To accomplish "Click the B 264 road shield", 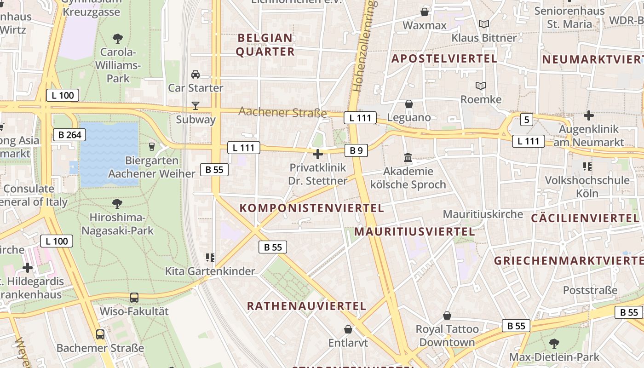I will [x=70, y=135].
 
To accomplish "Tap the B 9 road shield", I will [x=356, y=150].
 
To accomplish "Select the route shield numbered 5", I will [x=527, y=120].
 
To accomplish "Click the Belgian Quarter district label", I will [x=265, y=45].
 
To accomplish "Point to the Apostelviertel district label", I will [x=444, y=58].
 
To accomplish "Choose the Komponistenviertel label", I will [x=311, y=208].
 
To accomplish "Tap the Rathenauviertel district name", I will [x=306, y=306].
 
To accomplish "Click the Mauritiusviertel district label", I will [x=414, y=231].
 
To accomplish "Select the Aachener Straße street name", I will [x=282, y=112].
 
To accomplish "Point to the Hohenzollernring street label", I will [x=364, y=46].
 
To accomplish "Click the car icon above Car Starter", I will [x=195, y=74].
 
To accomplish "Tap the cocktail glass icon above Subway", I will [x=195, y=106].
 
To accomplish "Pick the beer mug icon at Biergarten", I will [x=152, y=147].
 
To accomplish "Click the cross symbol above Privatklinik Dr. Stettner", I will [x=317, y=154].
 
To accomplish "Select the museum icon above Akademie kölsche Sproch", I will [x=408, y=158].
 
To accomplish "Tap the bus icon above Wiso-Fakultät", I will [x=134, y=298].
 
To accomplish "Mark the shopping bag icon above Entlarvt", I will [x=348, y=329].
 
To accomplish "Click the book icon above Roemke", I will [x=481, y=86].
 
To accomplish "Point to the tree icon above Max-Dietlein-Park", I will [x=554, y=343].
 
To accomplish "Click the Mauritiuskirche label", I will [x=483, y=214].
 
